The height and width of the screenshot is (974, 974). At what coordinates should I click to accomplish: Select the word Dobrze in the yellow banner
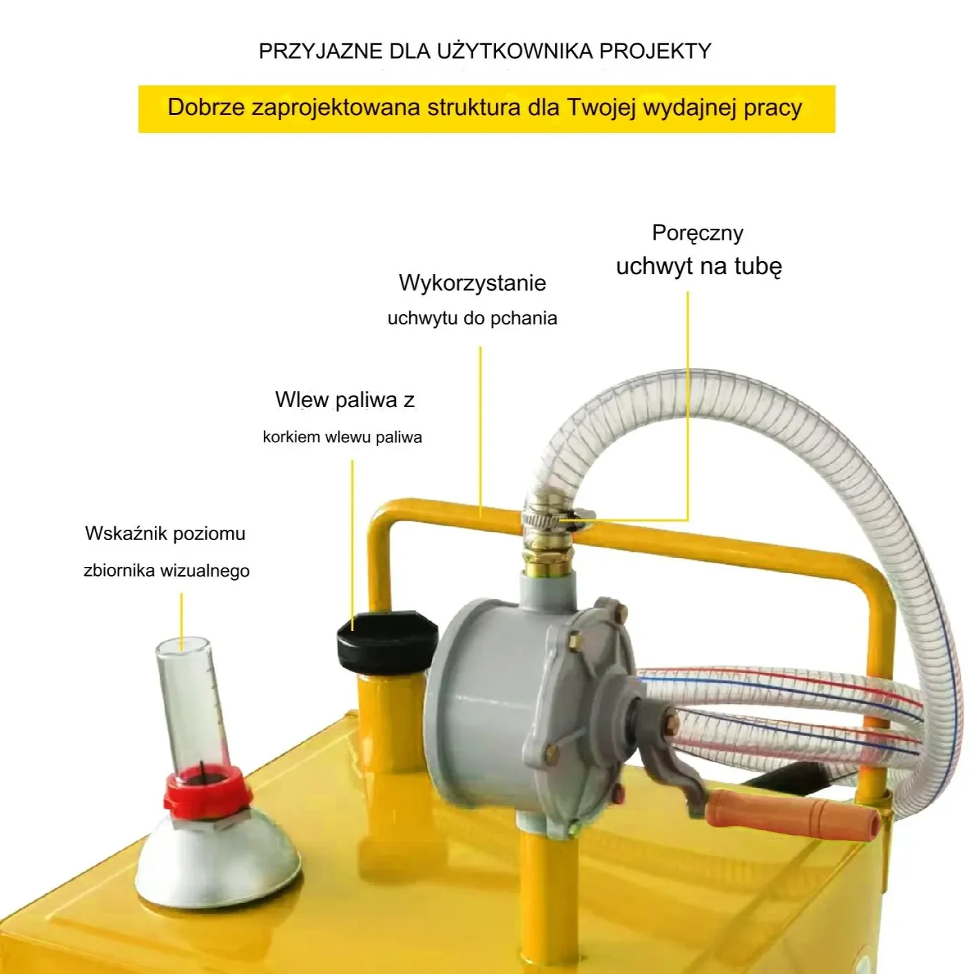pyautogui.click(x=206, y=107)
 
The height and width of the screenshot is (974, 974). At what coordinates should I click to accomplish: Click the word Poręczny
pyautogui.click(x=698, y=234)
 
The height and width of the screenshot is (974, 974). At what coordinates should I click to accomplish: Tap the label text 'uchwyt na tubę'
pyautogui.click(x=699, y=267)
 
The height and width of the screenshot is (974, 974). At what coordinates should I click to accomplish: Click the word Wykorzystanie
pyautogui.click(x=472, y=283)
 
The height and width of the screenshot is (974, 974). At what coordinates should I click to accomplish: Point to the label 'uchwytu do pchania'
pyautogui.click(x=472, y=318)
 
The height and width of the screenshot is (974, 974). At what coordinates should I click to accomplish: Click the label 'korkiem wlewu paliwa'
pyautogui.click(x=342, y=437)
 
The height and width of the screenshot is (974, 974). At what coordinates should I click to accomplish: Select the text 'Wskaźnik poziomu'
pyautogui.click(x=165, y=534)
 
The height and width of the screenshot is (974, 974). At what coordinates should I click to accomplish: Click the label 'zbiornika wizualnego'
pyautogui.click(x=166, y=570)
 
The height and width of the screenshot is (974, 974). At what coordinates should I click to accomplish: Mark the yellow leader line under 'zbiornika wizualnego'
pyautogui.click(x=181, y=621)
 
